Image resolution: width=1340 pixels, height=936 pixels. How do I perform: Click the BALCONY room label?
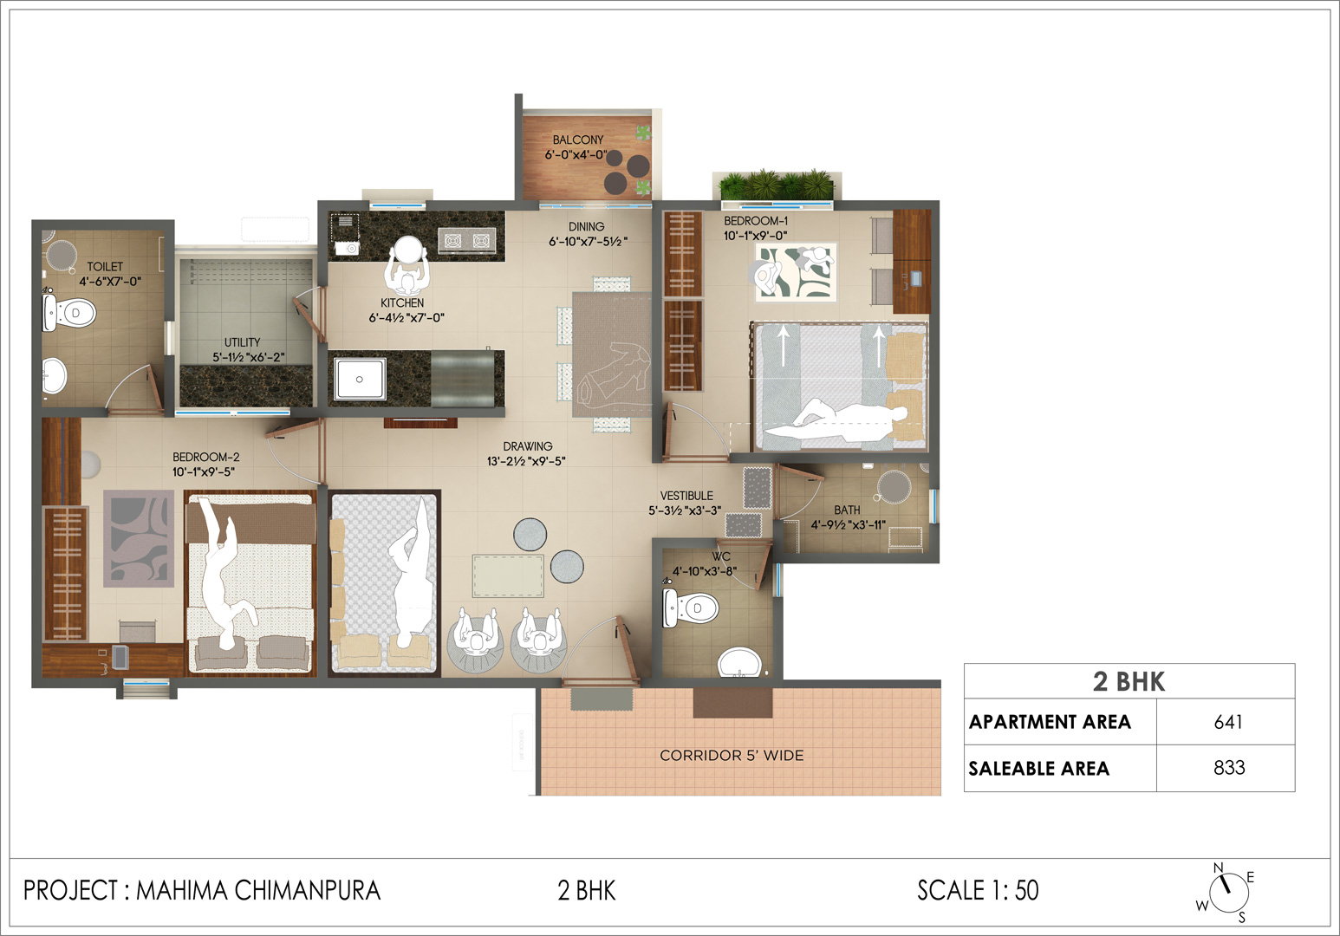click(x=578, y=140)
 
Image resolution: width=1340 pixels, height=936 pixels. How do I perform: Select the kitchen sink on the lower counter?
click(x=360, y=379)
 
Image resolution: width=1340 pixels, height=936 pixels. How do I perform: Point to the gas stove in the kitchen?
click(x=467, y=240)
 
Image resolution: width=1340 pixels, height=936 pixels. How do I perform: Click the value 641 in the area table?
click(x=1228, y=722)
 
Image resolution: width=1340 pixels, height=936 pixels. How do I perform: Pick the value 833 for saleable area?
click(x=1229, y=767)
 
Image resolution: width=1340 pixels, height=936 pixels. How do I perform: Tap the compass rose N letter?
click(x=1218, y=868)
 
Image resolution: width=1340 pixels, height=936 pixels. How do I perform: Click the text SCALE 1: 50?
click(x=978, y=891)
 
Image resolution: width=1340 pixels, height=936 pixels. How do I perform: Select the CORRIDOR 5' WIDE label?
click(x=732, y=756)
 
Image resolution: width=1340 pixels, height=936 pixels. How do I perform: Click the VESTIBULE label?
click(x=686, y=496)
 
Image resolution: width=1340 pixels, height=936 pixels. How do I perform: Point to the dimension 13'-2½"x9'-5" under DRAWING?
click(x=526, y=461)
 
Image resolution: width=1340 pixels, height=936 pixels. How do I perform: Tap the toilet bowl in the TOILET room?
click(x=69, y=312)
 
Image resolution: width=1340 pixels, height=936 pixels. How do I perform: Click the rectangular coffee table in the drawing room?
click(x=508, y=576)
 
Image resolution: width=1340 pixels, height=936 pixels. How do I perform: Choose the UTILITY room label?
click(x=243, y=342)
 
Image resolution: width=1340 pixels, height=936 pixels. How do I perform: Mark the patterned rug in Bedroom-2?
click(x=139, y=538)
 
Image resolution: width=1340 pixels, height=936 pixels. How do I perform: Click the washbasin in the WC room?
click(x=739, y=663)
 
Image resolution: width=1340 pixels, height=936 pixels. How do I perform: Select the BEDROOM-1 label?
click(x=756, y=221)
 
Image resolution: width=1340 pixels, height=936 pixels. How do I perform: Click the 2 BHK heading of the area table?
click(x=1129, y=681)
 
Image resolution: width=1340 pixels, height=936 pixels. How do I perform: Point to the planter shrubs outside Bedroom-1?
click(x=777, y=185)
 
